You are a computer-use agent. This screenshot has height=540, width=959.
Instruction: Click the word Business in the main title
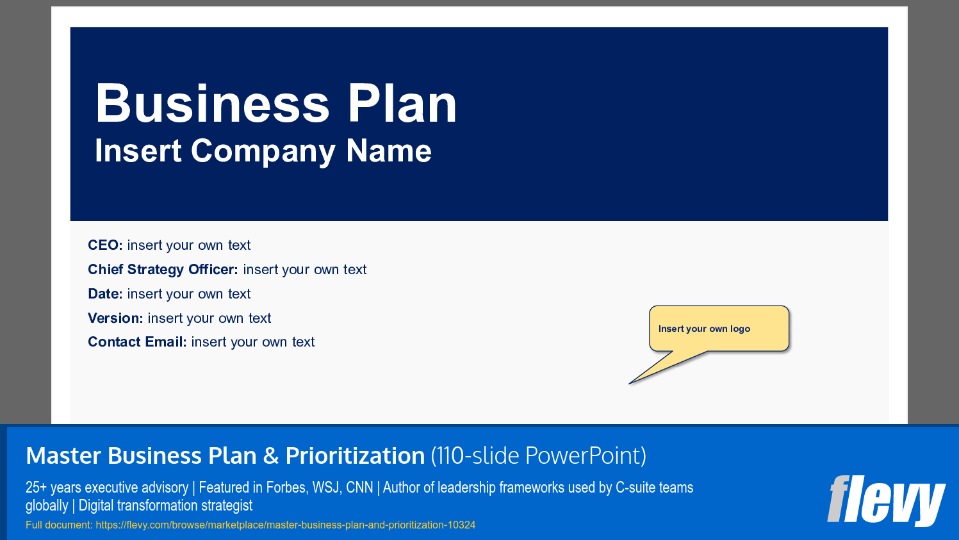pos(212,104)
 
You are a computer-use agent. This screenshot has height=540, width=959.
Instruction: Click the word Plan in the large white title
pos(402,104)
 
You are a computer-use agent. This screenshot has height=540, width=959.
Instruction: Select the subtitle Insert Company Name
pos(263,151)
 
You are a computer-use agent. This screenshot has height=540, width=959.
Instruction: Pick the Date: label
pos(105,294)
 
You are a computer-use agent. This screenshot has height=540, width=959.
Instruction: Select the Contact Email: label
pos(137,342)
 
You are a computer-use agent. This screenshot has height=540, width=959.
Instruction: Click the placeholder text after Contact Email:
pos(253,342)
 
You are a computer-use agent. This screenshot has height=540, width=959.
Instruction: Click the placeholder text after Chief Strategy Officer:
pos(305,270)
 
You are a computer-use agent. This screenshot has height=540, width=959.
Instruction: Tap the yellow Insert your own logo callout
pos(718,329)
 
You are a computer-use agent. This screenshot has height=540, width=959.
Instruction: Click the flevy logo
pos(886,500)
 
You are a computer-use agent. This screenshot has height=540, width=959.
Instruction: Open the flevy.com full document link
pos(286,525)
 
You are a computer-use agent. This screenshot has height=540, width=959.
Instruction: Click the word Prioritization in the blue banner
pos(355,456)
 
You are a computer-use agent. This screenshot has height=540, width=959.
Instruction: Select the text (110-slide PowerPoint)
pos(538,456)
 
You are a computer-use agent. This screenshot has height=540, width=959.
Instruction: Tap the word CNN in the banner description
pos(359,487)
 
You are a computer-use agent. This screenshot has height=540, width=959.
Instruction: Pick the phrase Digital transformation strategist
pos(165,505)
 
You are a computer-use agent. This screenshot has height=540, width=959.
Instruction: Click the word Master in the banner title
pos(63,456)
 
